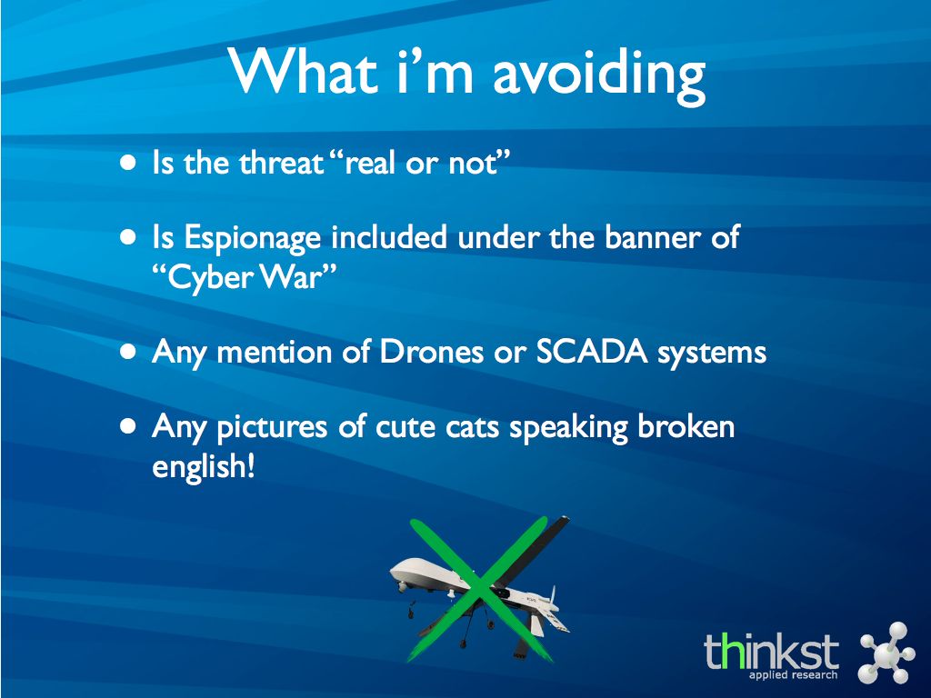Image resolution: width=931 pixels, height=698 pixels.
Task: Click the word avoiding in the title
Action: pos(599,75)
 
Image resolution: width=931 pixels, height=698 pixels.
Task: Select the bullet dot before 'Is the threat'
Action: pos(127,162)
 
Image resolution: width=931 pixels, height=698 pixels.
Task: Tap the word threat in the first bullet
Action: pos(282,162)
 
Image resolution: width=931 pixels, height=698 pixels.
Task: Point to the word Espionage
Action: pos(253,239)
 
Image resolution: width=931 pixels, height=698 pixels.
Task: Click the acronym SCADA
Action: pos(591,352)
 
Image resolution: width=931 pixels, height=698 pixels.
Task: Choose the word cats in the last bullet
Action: pos(473,427)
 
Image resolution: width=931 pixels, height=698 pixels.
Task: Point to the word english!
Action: pos(204,466)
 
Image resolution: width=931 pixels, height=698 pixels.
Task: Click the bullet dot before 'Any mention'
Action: pos(127,352)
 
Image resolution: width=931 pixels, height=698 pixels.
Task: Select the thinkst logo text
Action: pos(771,651)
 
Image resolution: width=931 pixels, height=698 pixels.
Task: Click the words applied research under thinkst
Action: pos(793,675)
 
